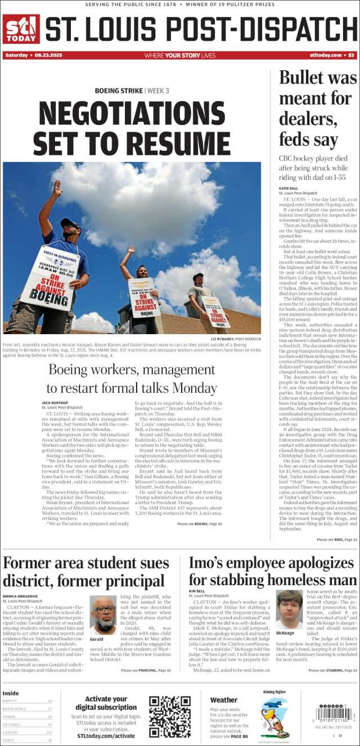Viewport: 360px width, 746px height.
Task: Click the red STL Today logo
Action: (x=21, y=29)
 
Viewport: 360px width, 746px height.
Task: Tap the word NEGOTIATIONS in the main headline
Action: (x=132, y=113)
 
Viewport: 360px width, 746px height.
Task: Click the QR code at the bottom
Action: (x=169, y=716)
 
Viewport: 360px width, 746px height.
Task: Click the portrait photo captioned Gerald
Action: (x=103, y=615)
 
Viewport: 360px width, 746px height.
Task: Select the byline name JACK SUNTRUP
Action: (x=55, y=403)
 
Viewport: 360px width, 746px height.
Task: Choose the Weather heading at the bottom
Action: (x=223, y=700)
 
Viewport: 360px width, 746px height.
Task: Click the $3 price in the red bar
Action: (x=351, y=55)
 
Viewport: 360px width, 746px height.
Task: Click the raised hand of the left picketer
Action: (x=56, y=188)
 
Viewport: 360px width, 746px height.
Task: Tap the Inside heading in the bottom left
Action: (x=10, y=693)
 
